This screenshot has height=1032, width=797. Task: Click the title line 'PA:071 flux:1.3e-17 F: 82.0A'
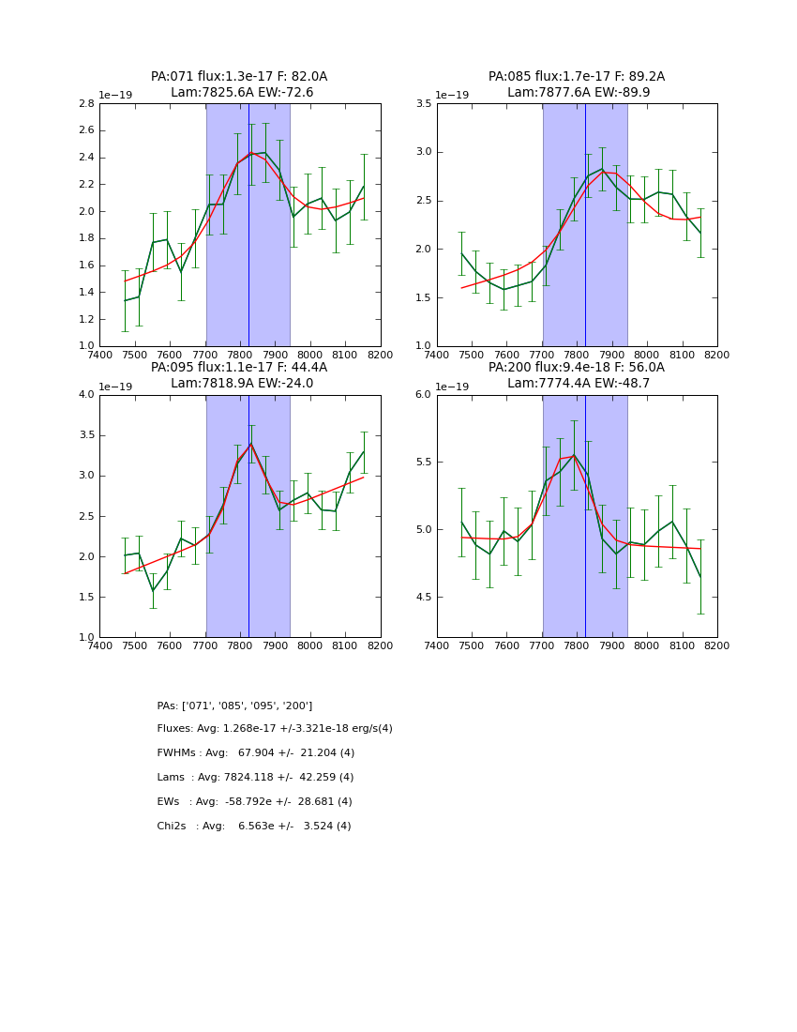click(239, 77)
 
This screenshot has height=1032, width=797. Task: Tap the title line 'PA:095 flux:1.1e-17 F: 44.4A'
click(239, 368)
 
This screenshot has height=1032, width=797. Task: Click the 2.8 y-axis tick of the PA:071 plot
click(86, 104)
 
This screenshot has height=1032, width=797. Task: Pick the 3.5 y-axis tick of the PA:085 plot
click(423, 104)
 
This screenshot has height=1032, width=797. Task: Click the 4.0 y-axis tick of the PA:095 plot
click(86, 395)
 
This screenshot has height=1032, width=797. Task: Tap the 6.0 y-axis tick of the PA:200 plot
click(423, 395)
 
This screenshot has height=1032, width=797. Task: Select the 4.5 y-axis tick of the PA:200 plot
click(423, 598)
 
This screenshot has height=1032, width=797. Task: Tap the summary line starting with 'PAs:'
click(234, 706)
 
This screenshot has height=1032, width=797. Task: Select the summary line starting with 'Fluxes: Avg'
click(275, 729)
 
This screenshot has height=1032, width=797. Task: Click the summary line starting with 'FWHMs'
click(256, 753)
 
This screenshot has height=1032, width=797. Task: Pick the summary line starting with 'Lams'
click(255, 778)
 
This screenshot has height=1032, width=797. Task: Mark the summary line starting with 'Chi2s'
click(254, 827)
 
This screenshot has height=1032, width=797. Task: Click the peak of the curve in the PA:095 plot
click(250, 443)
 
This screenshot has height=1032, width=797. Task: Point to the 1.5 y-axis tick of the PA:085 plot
click(423, 298)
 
